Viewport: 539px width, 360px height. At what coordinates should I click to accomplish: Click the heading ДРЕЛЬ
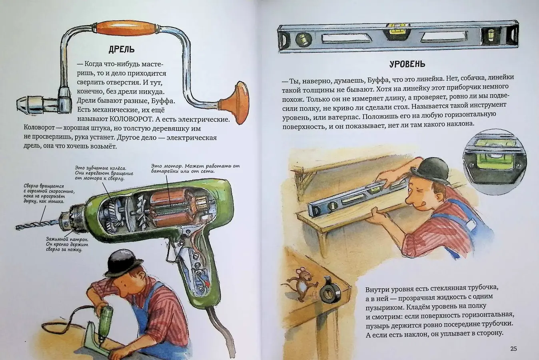121,49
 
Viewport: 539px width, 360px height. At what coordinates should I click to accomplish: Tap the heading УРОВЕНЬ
407,64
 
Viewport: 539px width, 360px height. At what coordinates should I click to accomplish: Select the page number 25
513,349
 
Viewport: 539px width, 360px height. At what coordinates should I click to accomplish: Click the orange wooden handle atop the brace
126,28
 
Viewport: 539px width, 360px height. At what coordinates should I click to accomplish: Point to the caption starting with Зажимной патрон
67,244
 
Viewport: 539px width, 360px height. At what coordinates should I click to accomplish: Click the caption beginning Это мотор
195,168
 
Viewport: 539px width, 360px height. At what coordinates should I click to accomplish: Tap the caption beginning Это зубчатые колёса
104,173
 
